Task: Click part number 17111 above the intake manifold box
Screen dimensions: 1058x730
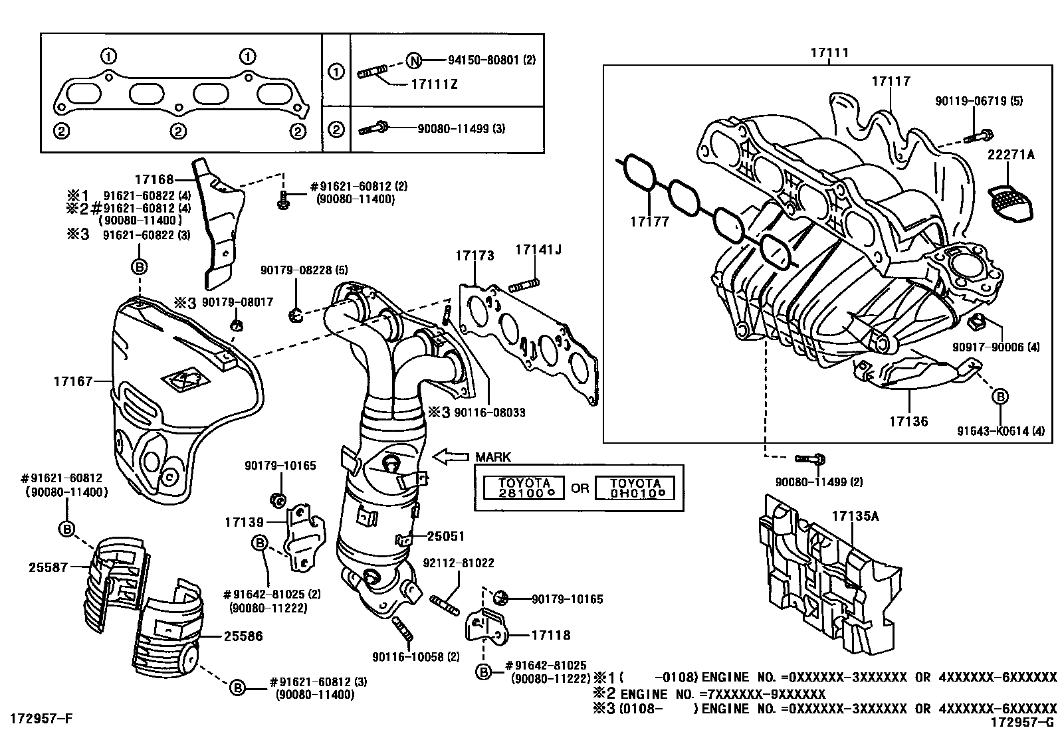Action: coord(829,52)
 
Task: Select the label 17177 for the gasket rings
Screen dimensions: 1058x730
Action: coord(649,221)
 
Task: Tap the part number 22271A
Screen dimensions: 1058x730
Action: coord(1011,154)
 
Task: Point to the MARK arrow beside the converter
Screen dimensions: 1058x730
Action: coord(451,456)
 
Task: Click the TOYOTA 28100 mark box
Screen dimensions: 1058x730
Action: coord(524,488)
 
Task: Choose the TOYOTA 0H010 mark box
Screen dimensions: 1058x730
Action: coord(635,488)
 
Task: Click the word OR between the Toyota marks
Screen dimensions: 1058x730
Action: coord(580,488)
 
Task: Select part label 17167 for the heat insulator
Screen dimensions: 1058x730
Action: coord(72,381)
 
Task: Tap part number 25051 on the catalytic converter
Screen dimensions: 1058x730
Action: coord(446,536)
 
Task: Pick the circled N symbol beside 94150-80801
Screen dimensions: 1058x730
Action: coord(414,60)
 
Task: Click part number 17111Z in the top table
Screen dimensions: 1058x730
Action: coord(434,84)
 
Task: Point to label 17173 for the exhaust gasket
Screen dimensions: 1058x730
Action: coord(475,256)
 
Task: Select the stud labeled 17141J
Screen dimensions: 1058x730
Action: coord(524,286)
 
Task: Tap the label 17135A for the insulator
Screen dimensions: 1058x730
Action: coord(855,516)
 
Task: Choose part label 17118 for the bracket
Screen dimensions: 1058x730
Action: coord(551,635)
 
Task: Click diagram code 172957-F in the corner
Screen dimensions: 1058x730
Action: coord(42,718)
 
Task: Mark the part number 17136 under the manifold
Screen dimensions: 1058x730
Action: coord(908,421)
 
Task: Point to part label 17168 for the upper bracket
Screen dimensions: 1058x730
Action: coord(154,179)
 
